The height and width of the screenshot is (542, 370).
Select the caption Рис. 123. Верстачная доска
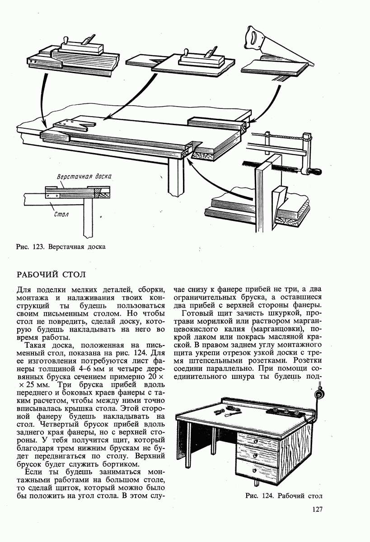pyautogui.click(x=60, y=247)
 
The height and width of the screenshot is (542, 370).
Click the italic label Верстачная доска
pyautogui.click(x=84, y=176)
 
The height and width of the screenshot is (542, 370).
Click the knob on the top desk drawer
pyautogui.click(x=256, y=441)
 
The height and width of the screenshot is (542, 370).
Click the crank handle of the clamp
pyautogui.click(x=313, y=171)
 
